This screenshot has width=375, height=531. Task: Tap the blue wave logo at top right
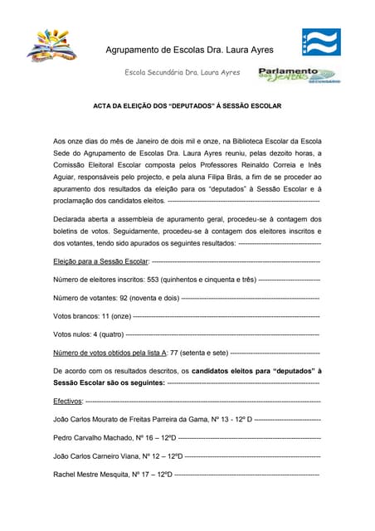321,41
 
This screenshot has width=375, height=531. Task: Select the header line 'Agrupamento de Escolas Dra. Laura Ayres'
201,51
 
